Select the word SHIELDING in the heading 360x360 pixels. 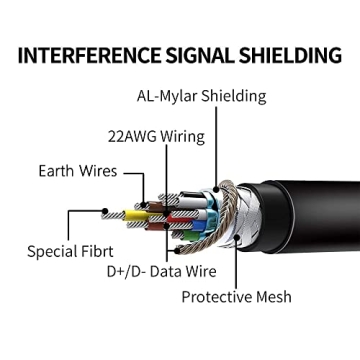290,55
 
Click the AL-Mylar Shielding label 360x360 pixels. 202,96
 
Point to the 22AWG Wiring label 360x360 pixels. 156,137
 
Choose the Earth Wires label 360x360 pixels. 78,171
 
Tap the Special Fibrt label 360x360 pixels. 70,251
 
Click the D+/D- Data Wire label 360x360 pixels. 162,271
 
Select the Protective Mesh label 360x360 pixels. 236,296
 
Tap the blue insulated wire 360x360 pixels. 199,225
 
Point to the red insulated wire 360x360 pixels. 177,218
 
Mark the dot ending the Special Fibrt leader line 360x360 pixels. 105,211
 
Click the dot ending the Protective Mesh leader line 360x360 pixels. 236,237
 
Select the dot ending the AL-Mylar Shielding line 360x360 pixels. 216,190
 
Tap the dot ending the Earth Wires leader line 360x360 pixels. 144,204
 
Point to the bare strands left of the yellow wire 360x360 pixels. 113,216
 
